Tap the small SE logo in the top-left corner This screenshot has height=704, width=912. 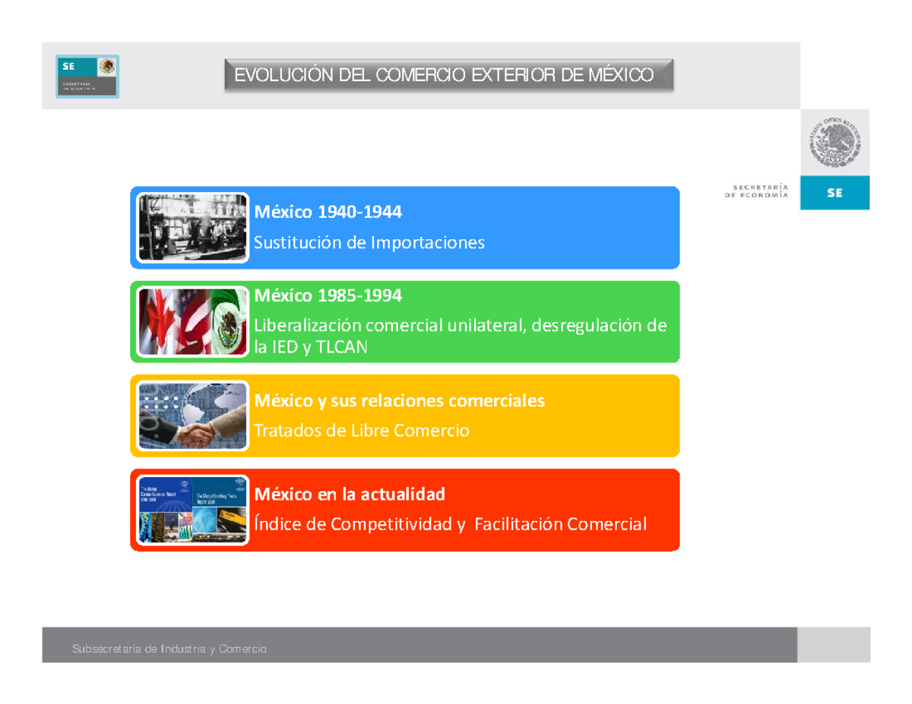pos(87,76)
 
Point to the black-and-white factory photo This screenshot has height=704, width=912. pos(193,227)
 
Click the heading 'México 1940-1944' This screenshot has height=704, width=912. pos(328,213)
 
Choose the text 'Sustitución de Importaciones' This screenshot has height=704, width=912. pos(369,243)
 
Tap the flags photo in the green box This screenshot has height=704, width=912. pos(193,321)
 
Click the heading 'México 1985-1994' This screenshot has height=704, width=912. pos(328,295)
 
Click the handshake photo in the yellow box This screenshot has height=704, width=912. pos(193,415)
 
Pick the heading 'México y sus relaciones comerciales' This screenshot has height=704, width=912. pos(400,400)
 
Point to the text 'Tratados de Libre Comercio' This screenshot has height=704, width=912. pos(362,431)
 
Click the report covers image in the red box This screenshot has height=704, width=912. pos(193,510)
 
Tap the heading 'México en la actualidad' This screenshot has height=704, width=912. pos(350,495)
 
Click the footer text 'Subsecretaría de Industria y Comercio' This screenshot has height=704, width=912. pos(169,649)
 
